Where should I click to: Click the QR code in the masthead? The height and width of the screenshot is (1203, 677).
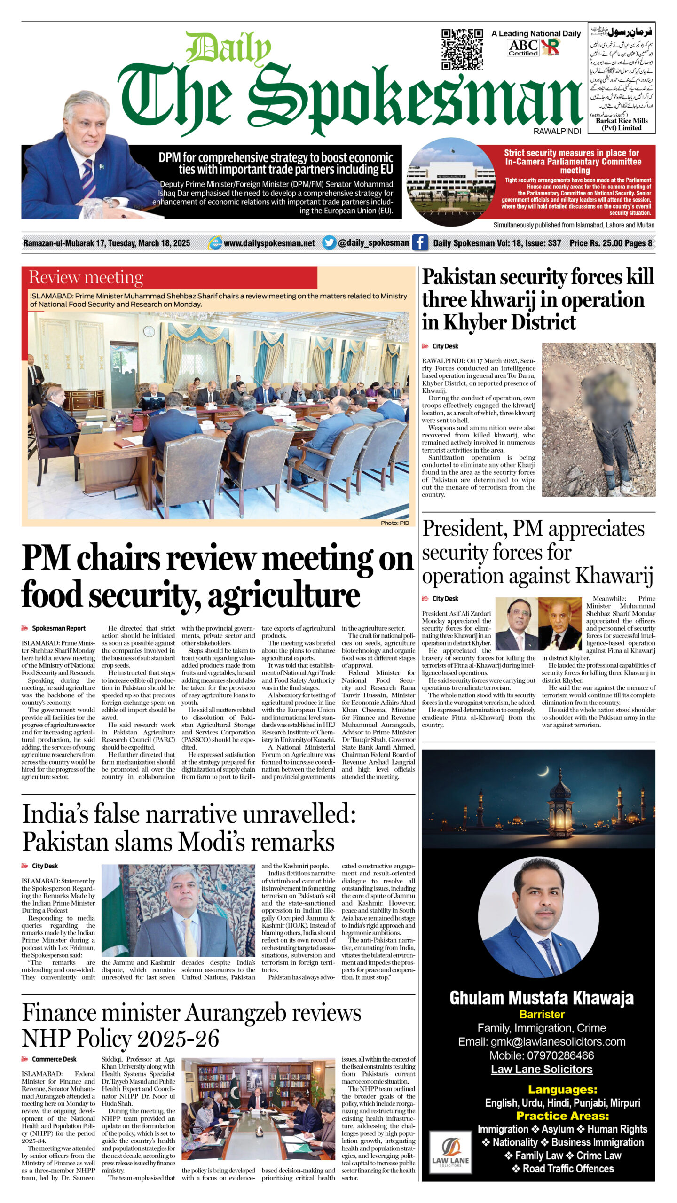pyautogui.click(x=462, y=49)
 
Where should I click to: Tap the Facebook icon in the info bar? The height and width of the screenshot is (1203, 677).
pyautogui.click(x=419, y=242)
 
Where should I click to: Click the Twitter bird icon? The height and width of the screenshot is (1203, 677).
pyautogui.click(x=329, y=242)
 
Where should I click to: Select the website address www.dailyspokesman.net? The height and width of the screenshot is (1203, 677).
pyautogui.click(x=269, y=243)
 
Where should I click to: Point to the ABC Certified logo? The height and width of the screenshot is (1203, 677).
pyautogui.click(x=523, y=47)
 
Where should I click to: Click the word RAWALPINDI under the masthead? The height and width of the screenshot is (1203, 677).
pyautogui.click(x=557, y=132)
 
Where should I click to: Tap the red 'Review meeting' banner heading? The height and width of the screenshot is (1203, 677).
pyautogui.click(x=86, y=277)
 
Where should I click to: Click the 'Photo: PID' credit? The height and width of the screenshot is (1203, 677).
pyautogui.click(x=395, y=523)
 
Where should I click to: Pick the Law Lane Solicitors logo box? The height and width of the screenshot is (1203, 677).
pyautogui.click(x=450, y=1156)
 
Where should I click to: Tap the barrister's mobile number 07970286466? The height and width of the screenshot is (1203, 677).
pyautogui.click(x=542, y=1065)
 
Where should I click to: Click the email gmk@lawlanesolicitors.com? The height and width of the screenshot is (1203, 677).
pyautogui.click(x=542, y=1051)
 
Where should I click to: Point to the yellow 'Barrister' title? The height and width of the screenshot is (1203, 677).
pyautogui.click(x=542, y=1024)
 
